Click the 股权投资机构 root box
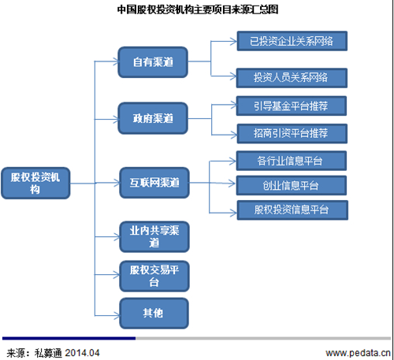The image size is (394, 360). [35, 183]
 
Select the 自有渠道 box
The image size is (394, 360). [153, 62]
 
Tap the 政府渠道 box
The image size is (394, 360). [153, 118]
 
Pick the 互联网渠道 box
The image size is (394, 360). [154, 183]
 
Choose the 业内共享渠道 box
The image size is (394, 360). [154, 236]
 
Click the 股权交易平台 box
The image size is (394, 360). [154, 276]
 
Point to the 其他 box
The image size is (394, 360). [154, 313]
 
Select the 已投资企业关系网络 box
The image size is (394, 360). [292, 41]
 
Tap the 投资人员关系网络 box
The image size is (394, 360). [292, 78]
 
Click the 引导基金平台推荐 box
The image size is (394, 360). [292, 106]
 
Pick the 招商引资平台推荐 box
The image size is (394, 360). [292, 134]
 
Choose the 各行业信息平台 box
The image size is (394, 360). [292, 161]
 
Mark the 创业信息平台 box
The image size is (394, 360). [292, 186]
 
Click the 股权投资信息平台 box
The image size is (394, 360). [292, 210]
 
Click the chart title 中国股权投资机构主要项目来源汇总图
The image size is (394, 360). [198, 9]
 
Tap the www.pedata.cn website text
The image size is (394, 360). [359, 353]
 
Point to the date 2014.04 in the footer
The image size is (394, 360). [82, 353]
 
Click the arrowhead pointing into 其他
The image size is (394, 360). [116, 315]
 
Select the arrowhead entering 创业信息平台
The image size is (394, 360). [232, 184]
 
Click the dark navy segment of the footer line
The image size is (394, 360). [69, 338]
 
